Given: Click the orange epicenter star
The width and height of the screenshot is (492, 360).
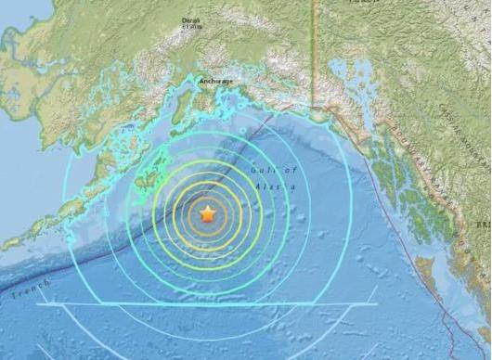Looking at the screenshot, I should pos(208,214).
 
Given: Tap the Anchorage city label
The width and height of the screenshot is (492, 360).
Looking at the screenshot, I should pos(216,82).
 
